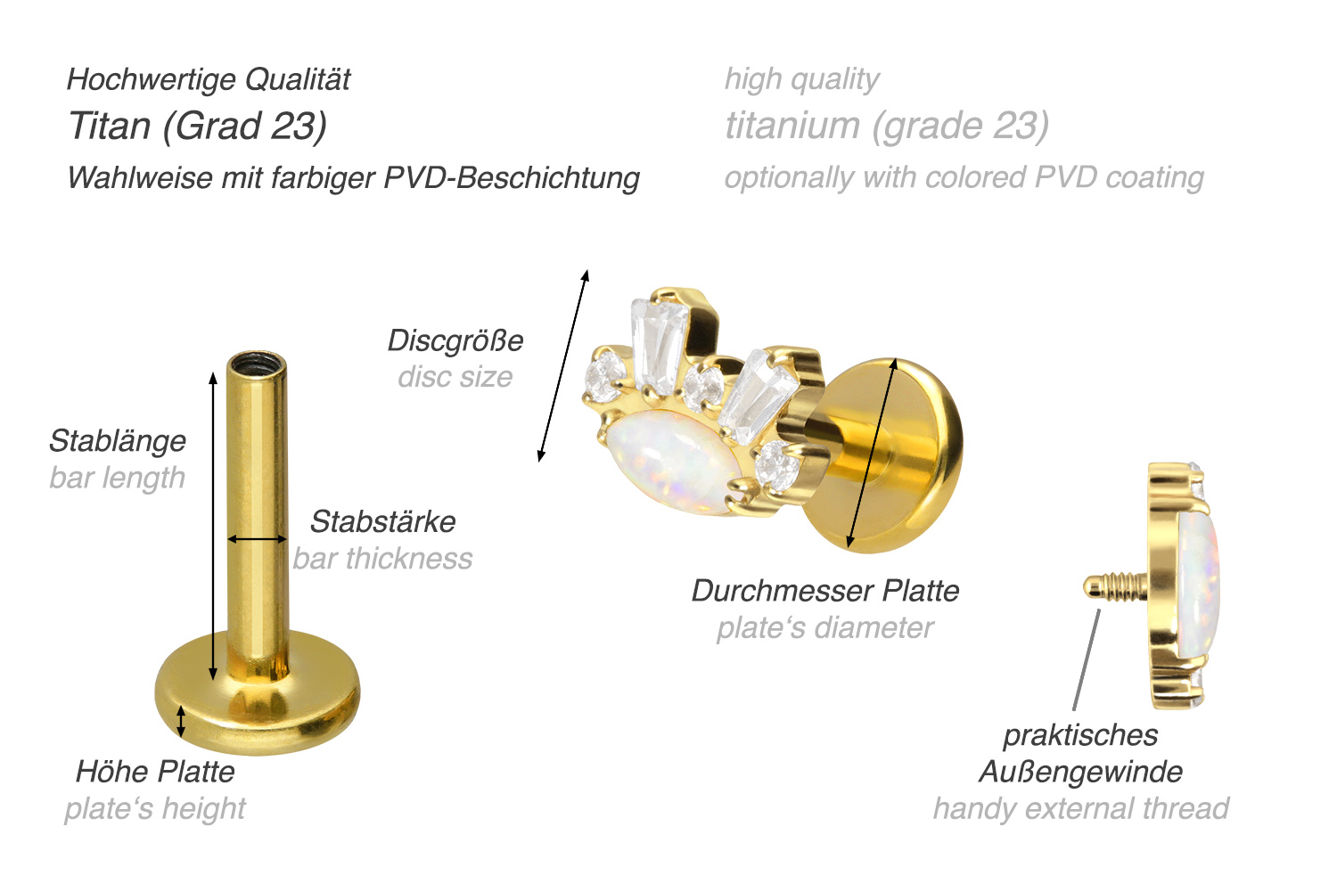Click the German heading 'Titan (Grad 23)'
198,127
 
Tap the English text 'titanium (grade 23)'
887,127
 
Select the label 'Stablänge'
118,441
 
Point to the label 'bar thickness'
382,559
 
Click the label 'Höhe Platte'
155,772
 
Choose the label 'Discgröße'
455,341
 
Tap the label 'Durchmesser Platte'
825,591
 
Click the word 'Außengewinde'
1081,772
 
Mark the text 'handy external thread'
1081,809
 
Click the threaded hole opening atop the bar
257,363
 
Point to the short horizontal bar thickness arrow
258,539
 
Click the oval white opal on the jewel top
673,461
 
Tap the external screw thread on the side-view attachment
1115,586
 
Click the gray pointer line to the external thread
1087,660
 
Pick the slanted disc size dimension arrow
563,365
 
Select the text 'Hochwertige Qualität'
209,80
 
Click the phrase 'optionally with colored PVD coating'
964,178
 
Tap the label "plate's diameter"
825,627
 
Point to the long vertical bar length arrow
213,526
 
